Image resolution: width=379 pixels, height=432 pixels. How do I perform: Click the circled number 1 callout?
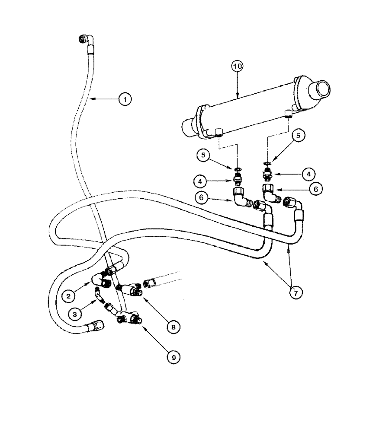(x=125, y=99)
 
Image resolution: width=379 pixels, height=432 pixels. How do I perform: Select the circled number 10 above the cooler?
(x=238, y=67)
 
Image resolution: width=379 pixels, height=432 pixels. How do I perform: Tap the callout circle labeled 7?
(x=295, y=292)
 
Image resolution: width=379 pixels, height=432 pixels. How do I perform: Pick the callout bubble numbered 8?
(x=173, y=327)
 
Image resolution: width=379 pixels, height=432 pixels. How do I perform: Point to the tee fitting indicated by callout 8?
(x=130, y=289)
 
